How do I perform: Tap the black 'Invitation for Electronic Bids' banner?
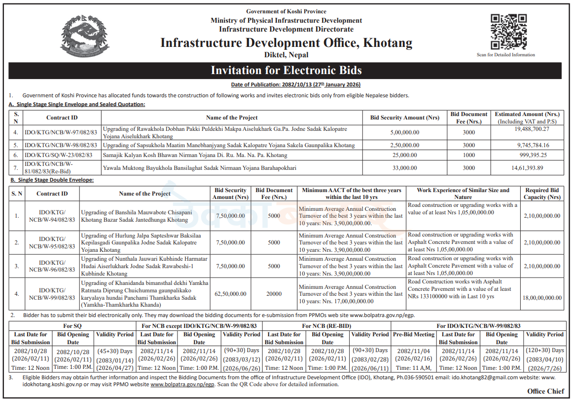[x=286, y=70]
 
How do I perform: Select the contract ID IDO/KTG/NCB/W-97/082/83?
[x=61, y=132]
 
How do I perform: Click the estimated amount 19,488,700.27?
[x=531, y=129]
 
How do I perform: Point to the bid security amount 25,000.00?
[x=404, y=155]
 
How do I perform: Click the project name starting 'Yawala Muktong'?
[x=200, y=168]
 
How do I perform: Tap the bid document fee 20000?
[x=274, y=294]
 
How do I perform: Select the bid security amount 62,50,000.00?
[x=230, y=294]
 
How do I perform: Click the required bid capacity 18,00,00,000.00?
[x=542, y=298]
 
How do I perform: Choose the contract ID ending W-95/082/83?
[x=52, y=242]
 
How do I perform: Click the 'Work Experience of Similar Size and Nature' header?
[x=463, y=194]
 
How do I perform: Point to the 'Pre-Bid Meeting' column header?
[x=414, y=334]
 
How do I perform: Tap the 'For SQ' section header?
[x=72, y=326]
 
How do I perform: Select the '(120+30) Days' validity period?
[x=544, y=350]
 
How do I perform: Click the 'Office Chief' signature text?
[x=545, y=392]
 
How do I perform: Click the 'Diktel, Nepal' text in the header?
[x=286, y=54]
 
